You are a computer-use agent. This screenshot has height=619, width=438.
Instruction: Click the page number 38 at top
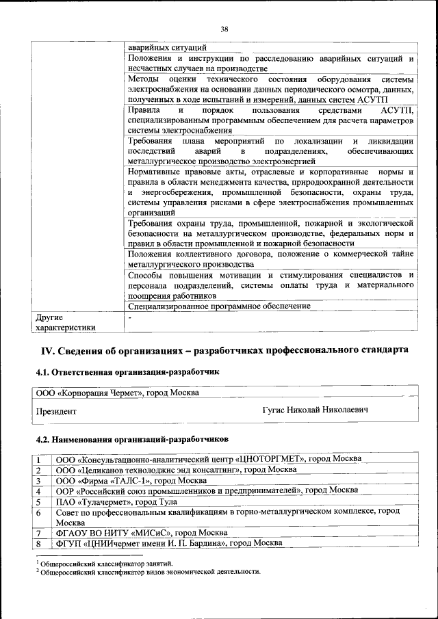tap(224, 29)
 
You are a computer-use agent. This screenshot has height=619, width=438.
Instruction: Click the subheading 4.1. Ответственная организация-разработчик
tap(127, 372)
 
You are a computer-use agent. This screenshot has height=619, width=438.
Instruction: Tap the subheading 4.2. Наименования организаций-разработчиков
tap(131, 438)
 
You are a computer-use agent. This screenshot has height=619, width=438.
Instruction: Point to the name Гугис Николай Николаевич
tap(315, 410)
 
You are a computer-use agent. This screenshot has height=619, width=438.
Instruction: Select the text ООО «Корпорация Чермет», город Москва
tap(118, 393)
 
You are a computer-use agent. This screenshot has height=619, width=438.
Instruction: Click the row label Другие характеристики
tap(64, 322)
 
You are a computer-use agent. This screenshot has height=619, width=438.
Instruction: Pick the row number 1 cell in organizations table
tap(40, 459)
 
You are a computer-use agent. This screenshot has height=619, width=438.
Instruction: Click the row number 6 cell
tap(40, 512)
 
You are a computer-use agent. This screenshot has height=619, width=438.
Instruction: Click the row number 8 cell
tap(40, 543)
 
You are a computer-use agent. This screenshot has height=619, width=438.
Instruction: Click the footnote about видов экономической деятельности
tap(151, 571)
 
